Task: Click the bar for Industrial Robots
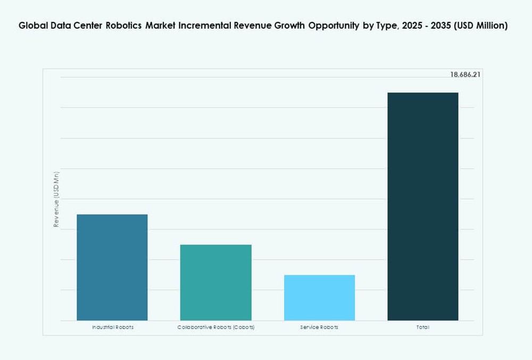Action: [112, 267]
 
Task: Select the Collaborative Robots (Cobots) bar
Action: [215, 282]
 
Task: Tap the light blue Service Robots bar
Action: [319, 297]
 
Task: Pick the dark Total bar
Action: [423, 206]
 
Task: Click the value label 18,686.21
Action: [465, 75]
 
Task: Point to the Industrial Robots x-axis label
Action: [112, 327]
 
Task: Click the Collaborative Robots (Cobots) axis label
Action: [215, 327]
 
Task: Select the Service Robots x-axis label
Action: [319, 327]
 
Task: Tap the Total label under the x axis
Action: [423, 327]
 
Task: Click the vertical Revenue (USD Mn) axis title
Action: [56, 199]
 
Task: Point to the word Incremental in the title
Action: [206, 26]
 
